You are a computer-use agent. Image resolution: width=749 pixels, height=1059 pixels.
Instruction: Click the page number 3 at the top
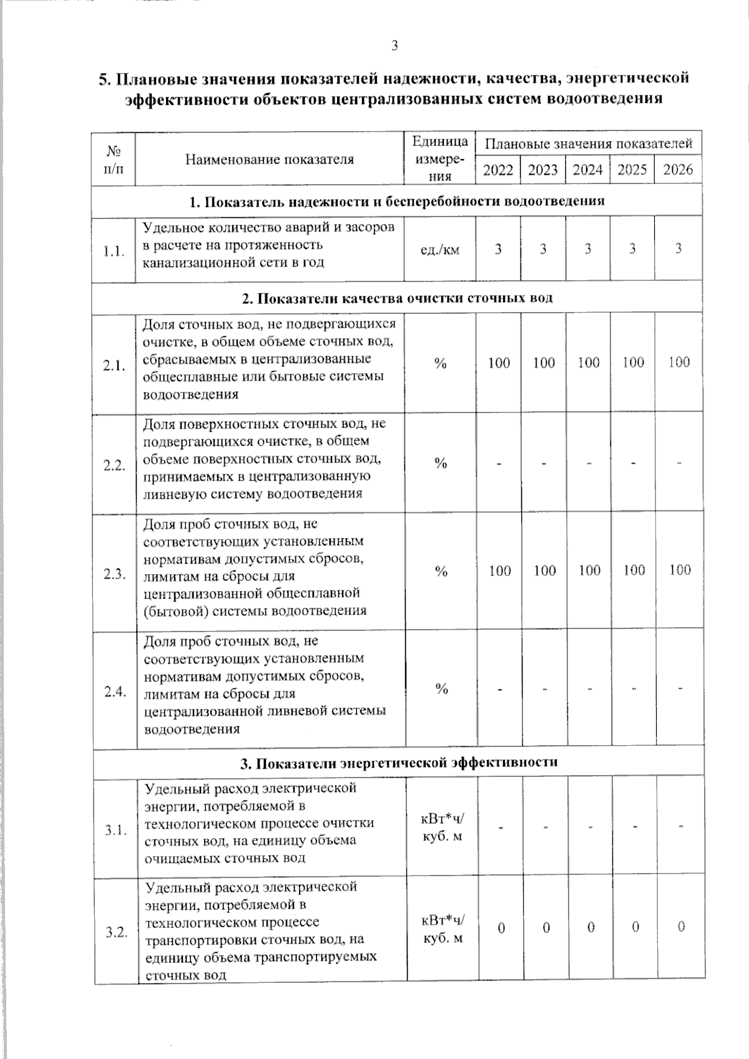point(394,45)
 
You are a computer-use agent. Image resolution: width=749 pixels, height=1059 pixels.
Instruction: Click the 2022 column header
point(498,170)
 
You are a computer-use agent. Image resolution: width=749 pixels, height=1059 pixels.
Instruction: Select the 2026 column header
point(678,170)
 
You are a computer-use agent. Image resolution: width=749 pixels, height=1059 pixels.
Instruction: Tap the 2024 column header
point(588,170)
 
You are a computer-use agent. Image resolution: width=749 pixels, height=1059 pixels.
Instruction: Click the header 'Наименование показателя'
point(270,159)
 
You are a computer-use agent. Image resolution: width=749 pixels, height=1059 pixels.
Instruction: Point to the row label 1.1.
point(114,251)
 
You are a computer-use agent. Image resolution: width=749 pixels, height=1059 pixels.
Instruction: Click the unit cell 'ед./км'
point(440,250)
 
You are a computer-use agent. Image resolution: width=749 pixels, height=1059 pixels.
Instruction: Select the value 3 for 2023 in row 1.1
point(544,249)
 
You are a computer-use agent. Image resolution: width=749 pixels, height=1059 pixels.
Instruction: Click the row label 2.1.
point(115,366)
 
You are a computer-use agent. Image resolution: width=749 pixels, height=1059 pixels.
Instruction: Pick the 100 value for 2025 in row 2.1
point(634,363)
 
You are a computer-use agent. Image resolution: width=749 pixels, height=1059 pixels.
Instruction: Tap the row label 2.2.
point(115,466)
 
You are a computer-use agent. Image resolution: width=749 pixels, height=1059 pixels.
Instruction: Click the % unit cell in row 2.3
point(441,571)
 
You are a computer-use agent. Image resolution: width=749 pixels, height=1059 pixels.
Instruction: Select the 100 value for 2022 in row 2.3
point(500,570)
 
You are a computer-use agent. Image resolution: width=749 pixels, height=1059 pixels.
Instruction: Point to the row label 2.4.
point(115,691)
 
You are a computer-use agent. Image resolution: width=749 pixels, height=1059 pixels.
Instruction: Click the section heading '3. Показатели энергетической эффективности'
point(399,762)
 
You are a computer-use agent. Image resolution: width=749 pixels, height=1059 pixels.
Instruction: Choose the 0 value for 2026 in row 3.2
point(682,926)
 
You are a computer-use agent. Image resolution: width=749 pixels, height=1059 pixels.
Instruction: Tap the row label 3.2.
point(116,932)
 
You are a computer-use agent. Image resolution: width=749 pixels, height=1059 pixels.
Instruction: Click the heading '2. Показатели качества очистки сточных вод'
point(398,298)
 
